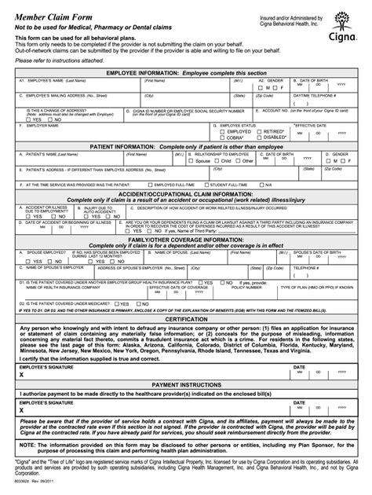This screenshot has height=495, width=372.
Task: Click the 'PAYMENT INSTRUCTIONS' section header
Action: click(185, 384)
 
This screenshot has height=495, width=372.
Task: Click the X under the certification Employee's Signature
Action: click(22, 376)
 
